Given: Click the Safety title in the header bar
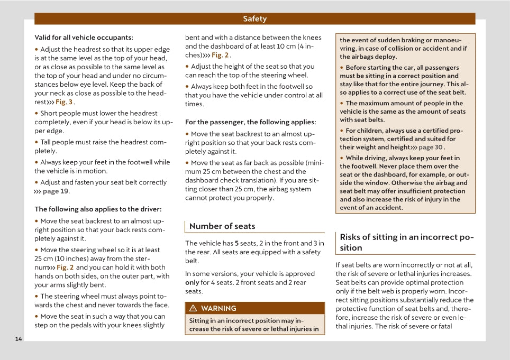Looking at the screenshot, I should pos(254,19).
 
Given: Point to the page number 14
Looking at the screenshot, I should pos(19,339).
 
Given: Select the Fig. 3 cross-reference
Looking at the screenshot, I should pos(64,102).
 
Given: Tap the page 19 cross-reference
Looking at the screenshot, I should pos(56,191).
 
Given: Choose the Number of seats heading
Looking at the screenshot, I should pos(222,226).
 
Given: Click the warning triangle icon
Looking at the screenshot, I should pos(193,309).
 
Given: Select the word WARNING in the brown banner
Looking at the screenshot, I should pos(218,309).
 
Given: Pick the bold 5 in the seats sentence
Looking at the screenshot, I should pos(236,243).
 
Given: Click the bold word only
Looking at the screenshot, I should pos(192,282).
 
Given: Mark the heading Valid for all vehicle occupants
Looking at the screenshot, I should pos(84,38).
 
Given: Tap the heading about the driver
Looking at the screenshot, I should pos(98,209).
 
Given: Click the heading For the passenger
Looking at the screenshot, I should pos(250,122).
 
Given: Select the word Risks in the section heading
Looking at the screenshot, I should pos(351,237).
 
